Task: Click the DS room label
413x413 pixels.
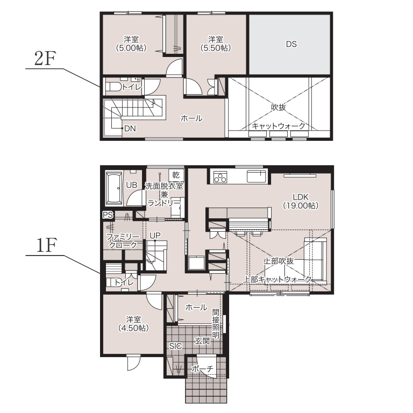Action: tap(291, 44)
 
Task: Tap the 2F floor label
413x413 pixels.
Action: tap(45, 59)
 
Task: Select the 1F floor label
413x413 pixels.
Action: tap(46, 245)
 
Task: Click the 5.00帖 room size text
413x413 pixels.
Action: tap(131, 48)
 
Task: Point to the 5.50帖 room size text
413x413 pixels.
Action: tap(216, 48)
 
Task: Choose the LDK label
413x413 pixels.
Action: tap(301, 197)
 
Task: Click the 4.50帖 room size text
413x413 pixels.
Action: tap(133, 328)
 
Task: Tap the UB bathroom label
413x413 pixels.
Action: tap(131, 185)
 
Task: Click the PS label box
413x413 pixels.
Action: tap(108, 215)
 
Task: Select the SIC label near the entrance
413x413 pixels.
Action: tap(175, 346)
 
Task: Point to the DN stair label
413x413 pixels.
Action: tap(130, 129)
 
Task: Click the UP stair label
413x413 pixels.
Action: tap(155, 236)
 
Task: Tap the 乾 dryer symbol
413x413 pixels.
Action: tap(176, 175)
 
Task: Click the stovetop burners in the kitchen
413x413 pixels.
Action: tap(220, 177)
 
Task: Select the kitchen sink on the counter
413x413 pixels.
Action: tap(257, 176)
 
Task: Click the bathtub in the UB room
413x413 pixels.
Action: tap(114, 188)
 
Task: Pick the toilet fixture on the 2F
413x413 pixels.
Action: tap(113, 87)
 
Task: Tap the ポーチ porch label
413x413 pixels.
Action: tap(203, 368)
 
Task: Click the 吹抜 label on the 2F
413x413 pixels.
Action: tap(279, 107)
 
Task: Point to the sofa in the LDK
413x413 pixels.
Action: tap(315, 260)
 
